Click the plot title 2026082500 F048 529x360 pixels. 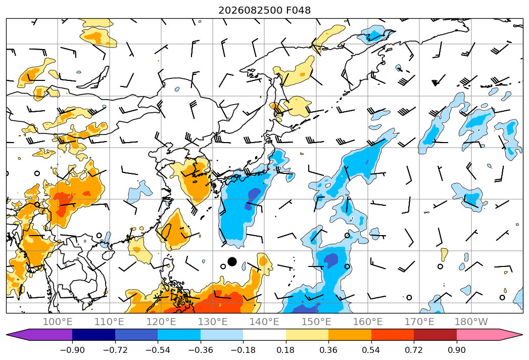point(265,10)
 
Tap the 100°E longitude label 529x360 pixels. point(58,322)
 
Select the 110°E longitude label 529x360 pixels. point(109,322)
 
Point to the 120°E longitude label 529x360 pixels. point(161,322)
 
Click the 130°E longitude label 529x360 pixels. point(213,322)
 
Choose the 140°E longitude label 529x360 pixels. point(264,322)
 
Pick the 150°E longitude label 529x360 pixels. point(316,322)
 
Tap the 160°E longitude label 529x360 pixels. point(368,322)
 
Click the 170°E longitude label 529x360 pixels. point(419,322)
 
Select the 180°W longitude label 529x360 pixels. point(471,322)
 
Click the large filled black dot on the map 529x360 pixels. point(232,261)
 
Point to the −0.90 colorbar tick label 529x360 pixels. point(72,350)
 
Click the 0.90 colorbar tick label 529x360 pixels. point(456,350)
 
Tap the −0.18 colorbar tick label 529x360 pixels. point(243,350)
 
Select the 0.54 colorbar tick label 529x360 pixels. point(371,350)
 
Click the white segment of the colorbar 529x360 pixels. point(265,335)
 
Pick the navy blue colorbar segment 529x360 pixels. point(93,335)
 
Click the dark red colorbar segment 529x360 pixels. point(435,335)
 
